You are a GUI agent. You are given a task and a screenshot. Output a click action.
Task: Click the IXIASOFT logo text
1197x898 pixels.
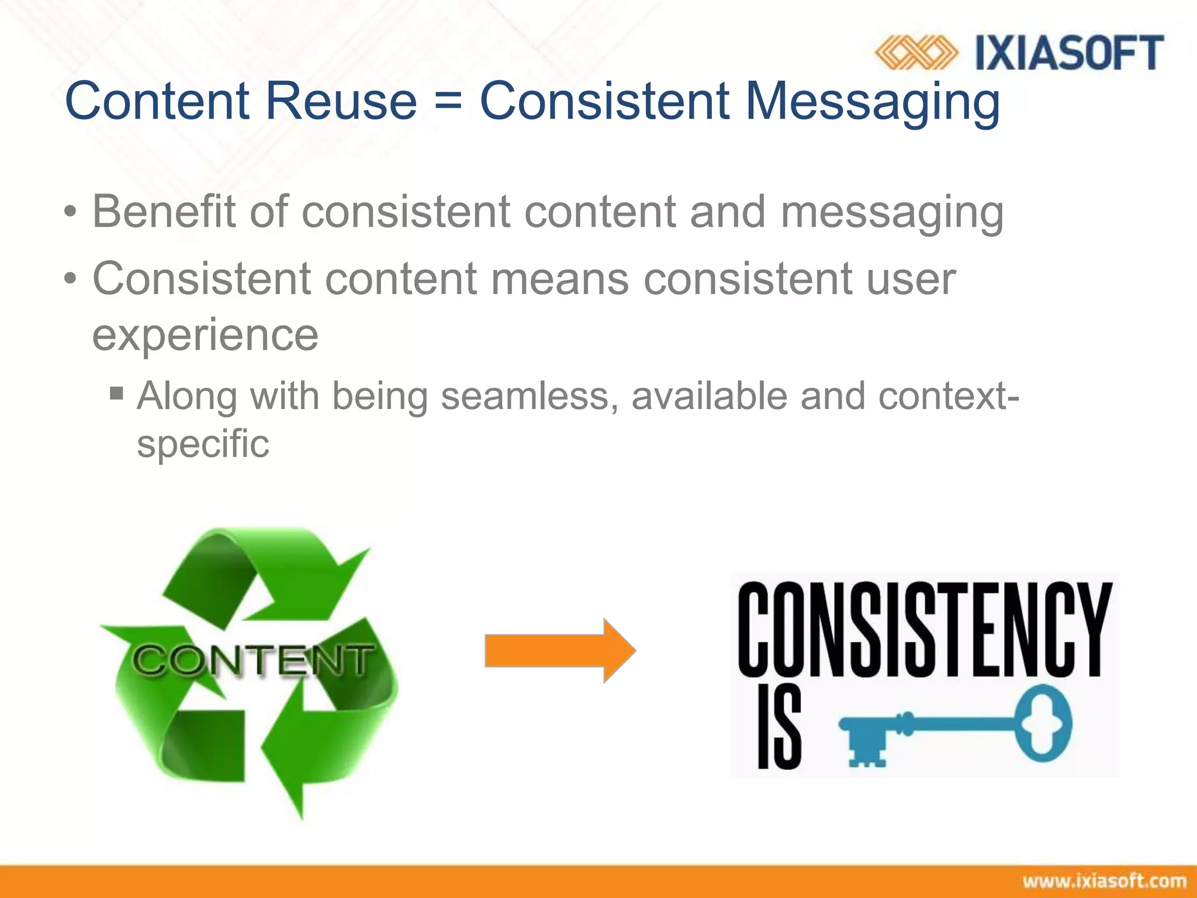coord(1069,53)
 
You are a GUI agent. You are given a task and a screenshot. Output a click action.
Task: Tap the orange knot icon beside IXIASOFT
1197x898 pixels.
coord(916,53)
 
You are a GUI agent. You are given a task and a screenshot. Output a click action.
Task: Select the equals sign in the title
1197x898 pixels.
coord(448,101)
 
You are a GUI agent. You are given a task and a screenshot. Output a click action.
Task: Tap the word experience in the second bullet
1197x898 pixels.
coord(205,335)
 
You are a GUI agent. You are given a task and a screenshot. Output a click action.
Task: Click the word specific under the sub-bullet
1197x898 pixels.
coord(203,444)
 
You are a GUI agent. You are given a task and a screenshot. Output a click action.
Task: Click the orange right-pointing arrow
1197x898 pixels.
coord(560,651)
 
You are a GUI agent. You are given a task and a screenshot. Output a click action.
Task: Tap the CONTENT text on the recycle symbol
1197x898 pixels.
coord(252,661)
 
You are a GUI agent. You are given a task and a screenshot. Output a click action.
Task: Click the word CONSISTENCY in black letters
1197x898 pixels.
coord(925,629)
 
